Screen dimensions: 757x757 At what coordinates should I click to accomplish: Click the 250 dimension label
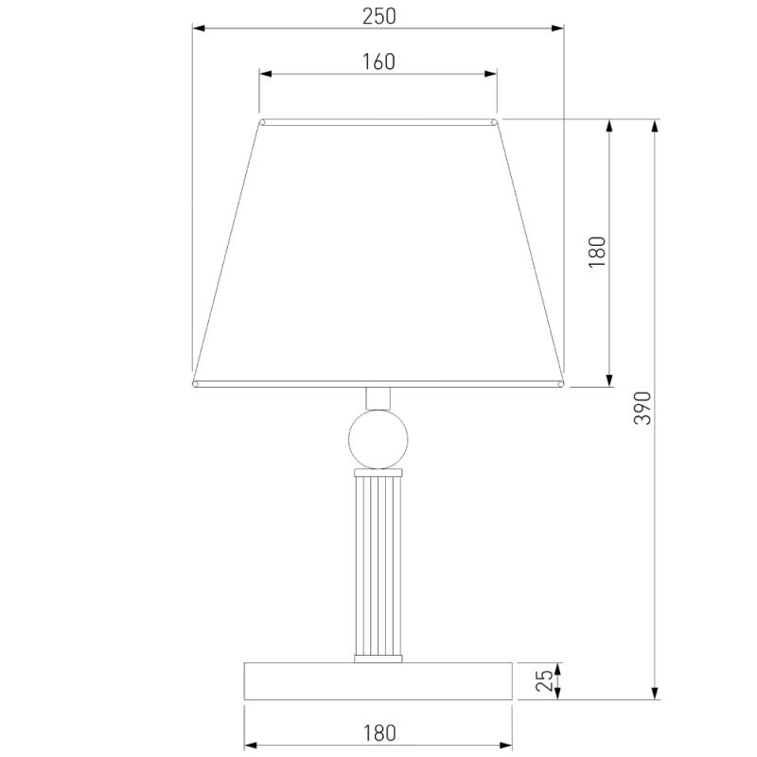coord(379,16)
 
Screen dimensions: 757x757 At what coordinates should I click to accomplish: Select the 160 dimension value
coord(378,62)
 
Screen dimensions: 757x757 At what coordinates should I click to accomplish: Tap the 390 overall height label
coord(643,409)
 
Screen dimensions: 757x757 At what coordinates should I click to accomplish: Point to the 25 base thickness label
coord(545,680)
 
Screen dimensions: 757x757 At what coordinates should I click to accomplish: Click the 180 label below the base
coord(379,732)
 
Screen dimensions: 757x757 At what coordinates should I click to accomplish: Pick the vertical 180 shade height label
coord(597,252)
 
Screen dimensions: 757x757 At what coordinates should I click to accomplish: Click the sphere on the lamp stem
coord(378,439)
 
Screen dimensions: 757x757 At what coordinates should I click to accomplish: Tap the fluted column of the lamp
coord(378,566)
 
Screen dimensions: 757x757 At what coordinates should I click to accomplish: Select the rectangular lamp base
coord(378,681)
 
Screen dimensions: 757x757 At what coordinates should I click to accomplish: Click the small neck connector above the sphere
coord(378,398)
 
